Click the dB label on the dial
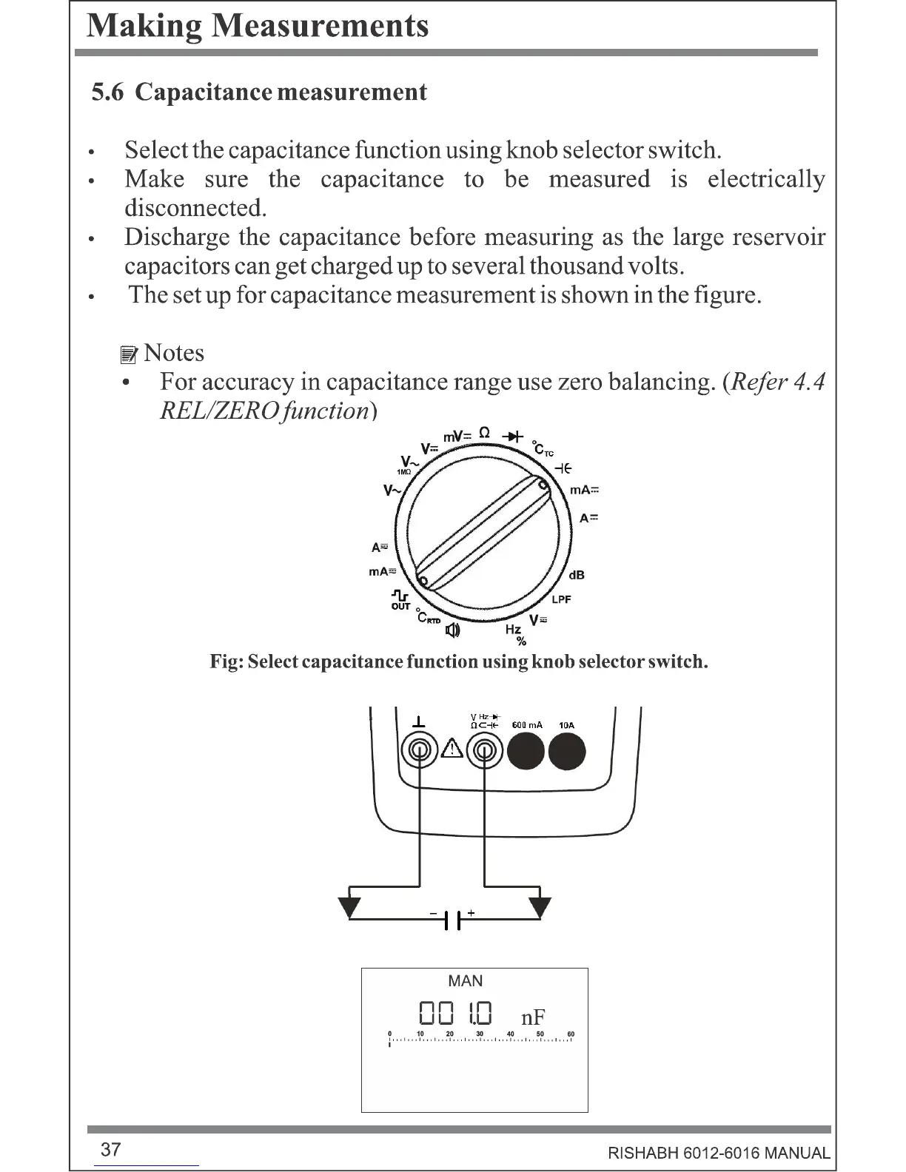pyautogui.click(x=577, y=575)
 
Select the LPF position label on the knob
pyautogui.click(x=561, y=599)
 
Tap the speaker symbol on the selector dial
pyautogui.click(x=452, y=630)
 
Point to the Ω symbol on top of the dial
pyautogui.click(x=484, y=432)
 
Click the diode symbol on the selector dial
pyautogui.click(x=512, y=437)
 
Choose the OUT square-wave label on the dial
pyautogui.click(x=400, y=600)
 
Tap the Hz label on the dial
pyautogui.click(x=513, y=629)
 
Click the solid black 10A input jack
pyautogui.click(x=566, y=752)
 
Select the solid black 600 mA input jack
pyautogui.click(x=526, y=752)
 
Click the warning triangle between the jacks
pyautogui.click(x=452, y=750)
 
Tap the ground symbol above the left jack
pyautogui.click(x=419, y=721)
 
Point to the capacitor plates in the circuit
pyautogui.click(x=452, y=920)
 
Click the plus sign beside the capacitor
pyautogui.click(x=470, y=913)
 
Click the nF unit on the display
pyautogui.click(x=533, y=1017)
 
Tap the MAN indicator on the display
pyautogui.click(x=465, y=981)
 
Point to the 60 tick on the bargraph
pyautogui.click(x=571, y=1034)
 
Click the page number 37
pyautogui.click(x=110, y=1149)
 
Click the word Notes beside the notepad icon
pyautogui.click(x=174, y=353)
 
